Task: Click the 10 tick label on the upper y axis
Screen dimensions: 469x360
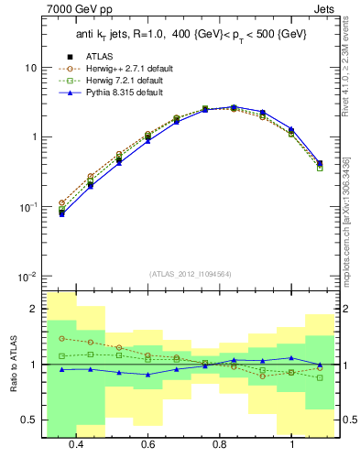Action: (x=30, y=68)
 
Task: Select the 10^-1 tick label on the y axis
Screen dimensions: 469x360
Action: (x=28, y=207)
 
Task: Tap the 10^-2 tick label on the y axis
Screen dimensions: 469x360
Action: (x=28, y=277)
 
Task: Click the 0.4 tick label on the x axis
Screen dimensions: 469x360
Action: (x=76, y=444)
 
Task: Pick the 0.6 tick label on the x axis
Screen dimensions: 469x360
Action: (x=148, y=444)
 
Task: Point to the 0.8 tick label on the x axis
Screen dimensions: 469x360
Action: (x=220, y=444)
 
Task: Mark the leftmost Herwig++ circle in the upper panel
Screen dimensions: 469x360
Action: (x=62, y=202)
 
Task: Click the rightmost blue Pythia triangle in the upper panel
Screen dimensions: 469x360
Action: (x=320, y=163)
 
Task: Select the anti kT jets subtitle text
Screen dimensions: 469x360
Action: (x=183, y=36)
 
